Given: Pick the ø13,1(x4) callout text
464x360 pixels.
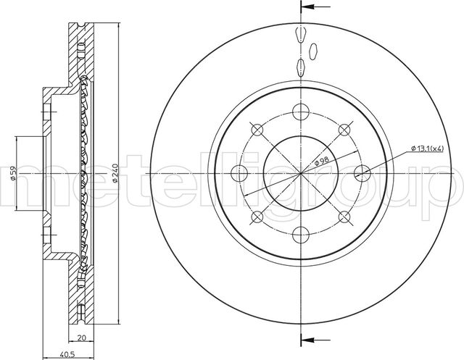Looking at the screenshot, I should click(x=428, y=148).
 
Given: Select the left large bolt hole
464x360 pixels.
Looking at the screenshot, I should click(x=239, y=172).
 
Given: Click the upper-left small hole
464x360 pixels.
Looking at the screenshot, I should click(x=257, y=128).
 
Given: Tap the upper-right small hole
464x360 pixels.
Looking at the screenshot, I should click(x=344, y=128).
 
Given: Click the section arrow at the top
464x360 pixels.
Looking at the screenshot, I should click(x=309, y=7).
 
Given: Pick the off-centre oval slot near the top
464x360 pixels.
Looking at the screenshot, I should click(x=314, y=51).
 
